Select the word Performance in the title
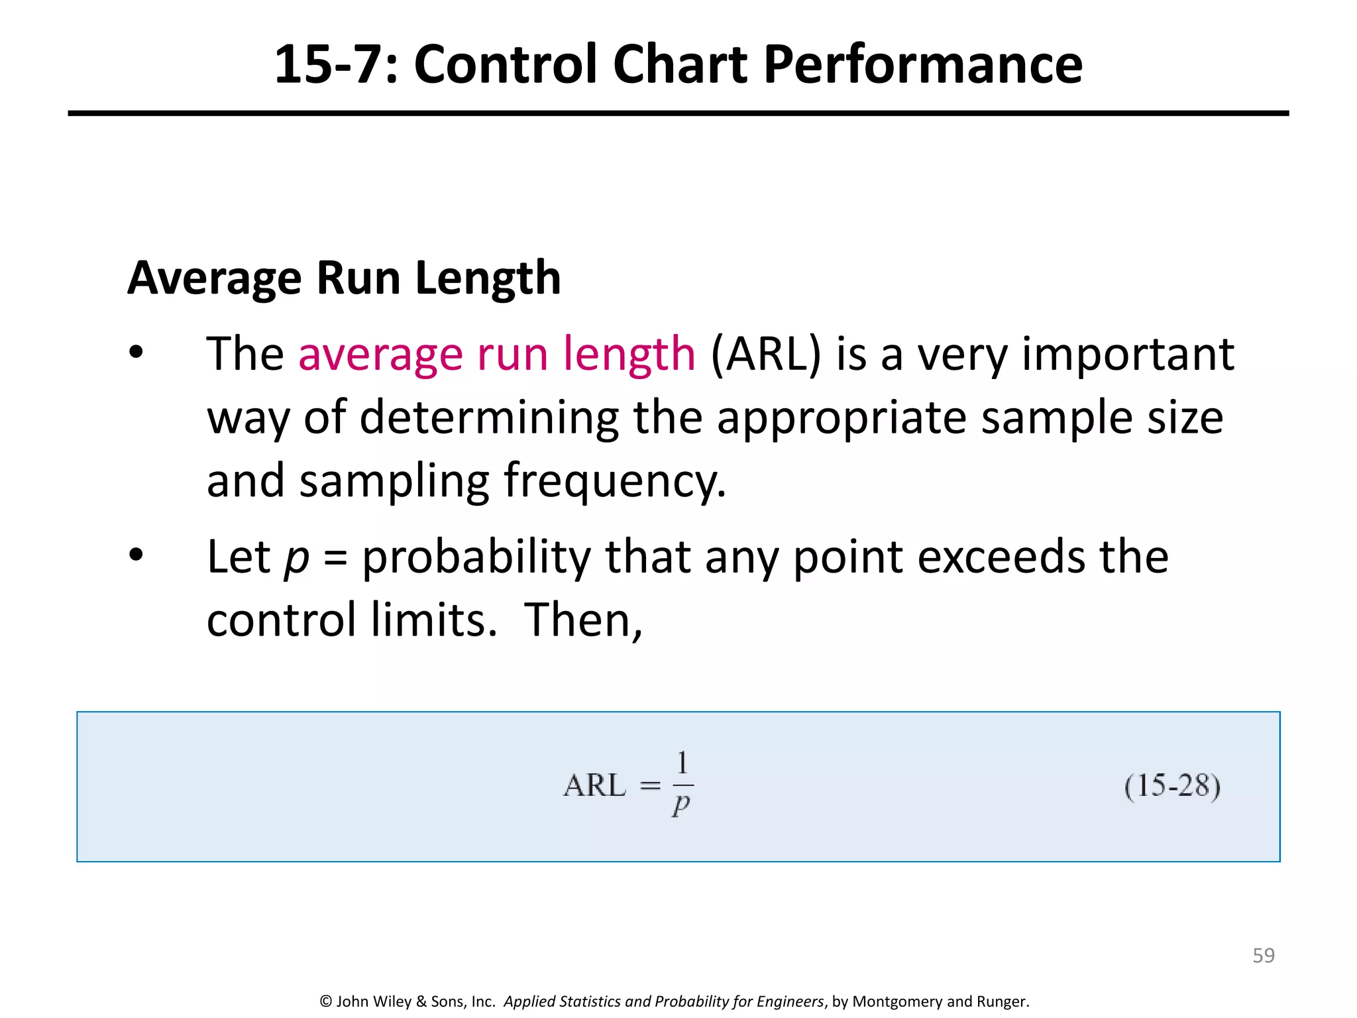922,64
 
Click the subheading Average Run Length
344,278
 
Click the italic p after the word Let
296,558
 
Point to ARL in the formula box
594,786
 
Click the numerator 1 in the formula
682,763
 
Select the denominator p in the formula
681,805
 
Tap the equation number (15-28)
1172,787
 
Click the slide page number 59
1263,956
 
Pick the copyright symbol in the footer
326,1001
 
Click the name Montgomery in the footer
898,1001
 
